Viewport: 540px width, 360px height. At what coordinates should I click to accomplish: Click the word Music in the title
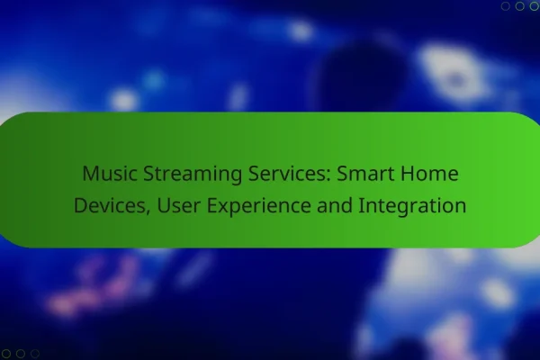[x=110, y=174]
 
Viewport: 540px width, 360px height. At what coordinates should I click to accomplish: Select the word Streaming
[x=193, y=175]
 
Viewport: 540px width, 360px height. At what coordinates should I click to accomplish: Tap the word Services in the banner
[x=289, y=174]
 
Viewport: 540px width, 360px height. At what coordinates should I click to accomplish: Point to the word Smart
[x=365, y=174]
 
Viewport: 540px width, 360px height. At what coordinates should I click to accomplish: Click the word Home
[x=429, y=174]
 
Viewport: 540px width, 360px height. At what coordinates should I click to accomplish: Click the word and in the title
[x=335, y=205]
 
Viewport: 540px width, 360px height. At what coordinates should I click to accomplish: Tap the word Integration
[x=412, y=207]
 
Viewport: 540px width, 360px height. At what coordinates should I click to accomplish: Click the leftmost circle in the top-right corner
[x=505, y=6]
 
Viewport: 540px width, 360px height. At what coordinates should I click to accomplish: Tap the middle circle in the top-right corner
[x=519, y=6]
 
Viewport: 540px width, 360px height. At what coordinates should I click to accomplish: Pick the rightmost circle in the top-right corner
[x=534, y=6]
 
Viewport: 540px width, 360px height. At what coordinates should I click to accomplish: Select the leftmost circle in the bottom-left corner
[x=6, y=354]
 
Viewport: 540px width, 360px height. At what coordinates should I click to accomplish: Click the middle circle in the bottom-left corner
[x=21, y=354]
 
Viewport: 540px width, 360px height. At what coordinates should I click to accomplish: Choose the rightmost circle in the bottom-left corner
[x=35, y=354]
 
